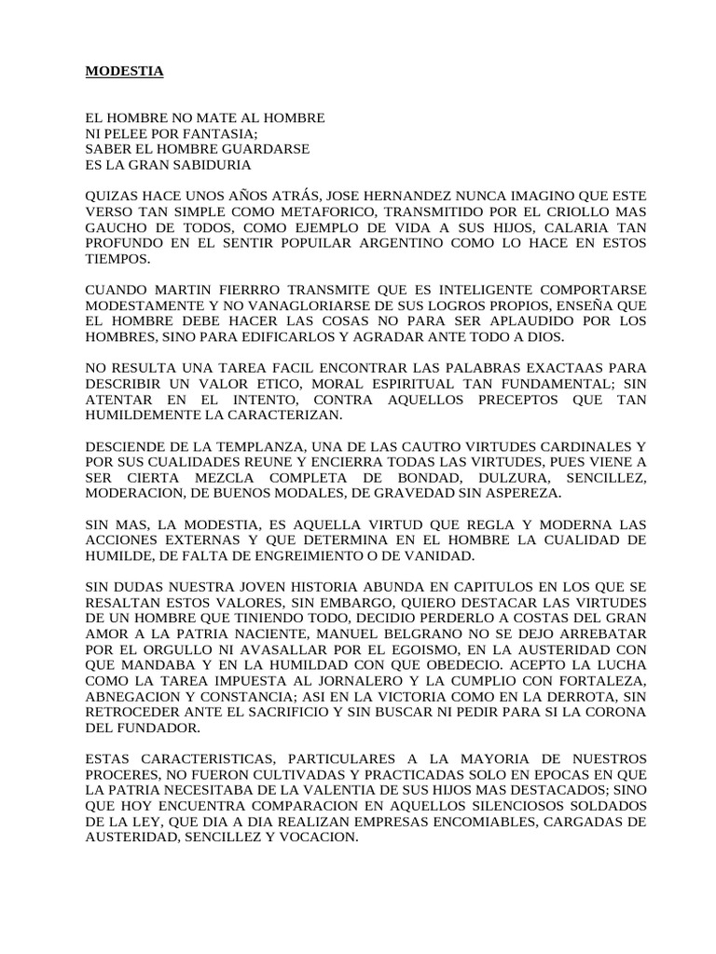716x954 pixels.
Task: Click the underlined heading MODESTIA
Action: (124, 72)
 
